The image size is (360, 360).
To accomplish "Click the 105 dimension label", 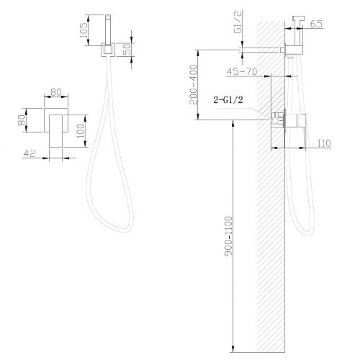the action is [84, 30].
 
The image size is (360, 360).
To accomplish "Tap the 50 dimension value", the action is [127, 49].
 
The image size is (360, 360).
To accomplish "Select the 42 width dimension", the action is [30, 153].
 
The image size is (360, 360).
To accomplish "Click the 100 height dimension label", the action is [81, 131].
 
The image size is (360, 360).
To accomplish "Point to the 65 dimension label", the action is [316, 24].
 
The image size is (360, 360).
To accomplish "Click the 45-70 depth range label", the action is [242, 71].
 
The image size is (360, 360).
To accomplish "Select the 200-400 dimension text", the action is [193, 85].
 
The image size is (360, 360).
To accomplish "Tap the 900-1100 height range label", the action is [228, 236].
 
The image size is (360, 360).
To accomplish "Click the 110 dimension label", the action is [324, 143].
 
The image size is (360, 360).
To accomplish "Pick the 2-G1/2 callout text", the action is [228, 99].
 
